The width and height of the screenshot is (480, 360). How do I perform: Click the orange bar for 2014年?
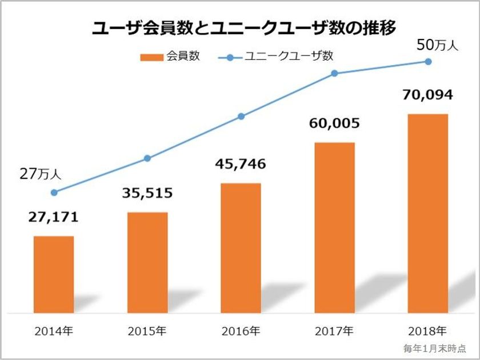54,274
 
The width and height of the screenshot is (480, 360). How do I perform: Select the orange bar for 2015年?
147,262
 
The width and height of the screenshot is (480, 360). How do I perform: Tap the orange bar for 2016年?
241,248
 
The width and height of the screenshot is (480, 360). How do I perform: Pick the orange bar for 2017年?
334,227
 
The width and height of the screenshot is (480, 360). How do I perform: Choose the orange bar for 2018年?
428,213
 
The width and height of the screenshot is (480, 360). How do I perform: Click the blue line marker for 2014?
54,193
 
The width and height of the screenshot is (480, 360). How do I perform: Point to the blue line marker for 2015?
147,158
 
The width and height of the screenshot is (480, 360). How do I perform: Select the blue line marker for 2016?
241,116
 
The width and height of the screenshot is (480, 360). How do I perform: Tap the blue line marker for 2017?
334,73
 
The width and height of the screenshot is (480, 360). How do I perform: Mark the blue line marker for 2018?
428,61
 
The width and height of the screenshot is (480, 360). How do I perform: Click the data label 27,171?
54,218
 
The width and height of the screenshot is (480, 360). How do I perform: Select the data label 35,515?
147,193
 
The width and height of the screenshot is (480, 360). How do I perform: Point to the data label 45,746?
241,165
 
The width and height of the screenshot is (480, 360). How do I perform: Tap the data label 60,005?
334,123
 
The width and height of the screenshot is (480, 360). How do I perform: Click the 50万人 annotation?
437,45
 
